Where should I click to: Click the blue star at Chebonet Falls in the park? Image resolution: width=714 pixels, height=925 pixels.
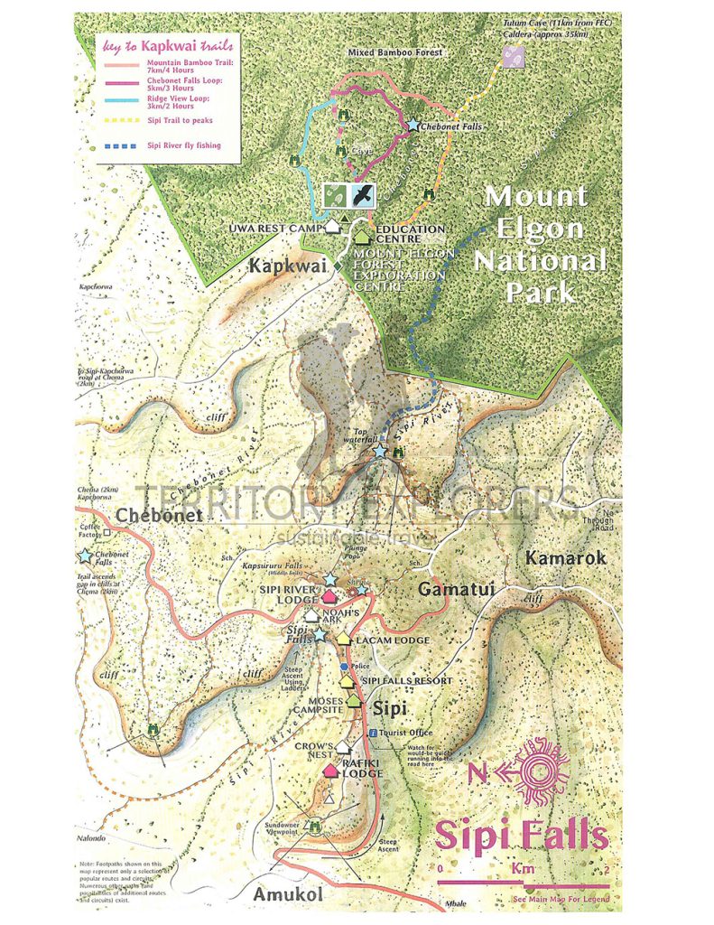click(413, 126)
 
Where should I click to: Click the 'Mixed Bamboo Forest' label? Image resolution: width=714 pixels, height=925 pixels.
click(394, 54)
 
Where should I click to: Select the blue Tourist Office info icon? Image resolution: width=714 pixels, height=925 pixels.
click(373, 733)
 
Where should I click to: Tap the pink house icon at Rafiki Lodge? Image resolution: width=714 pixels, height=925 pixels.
click(330, 770)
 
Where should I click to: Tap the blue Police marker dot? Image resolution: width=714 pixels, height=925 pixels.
click(343, 667)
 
